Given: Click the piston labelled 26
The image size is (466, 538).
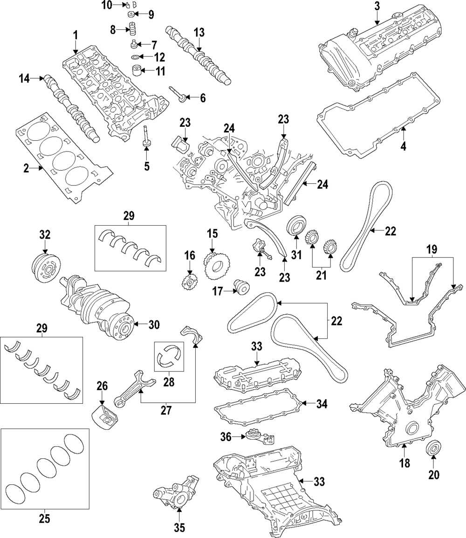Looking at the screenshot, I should pyautogui.click(x=106, y=415).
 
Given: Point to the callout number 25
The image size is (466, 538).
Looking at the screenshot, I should pyautogui.click(x=45, y=518).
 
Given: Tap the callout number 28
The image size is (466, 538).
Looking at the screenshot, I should pyautogui.click(x=169, y=382).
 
